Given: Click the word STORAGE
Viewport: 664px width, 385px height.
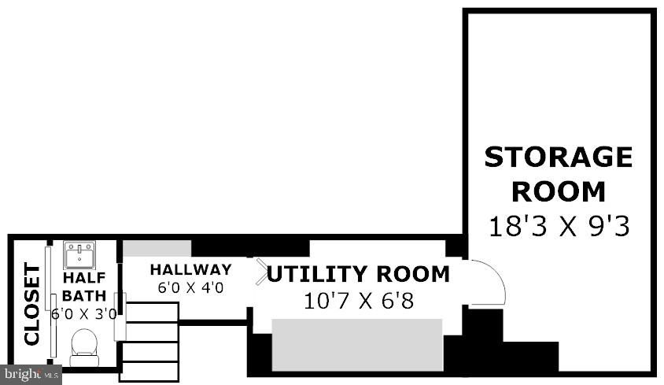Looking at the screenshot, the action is [x=558, y=157].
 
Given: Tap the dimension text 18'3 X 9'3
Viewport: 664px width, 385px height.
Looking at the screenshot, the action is [x=559, y=226].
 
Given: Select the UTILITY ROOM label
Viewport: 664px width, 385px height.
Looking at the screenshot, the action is [x=358, y=274].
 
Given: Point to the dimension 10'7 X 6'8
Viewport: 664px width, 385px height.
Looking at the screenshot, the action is [x=359, y=301].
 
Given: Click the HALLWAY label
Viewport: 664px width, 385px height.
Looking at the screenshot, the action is [x=191, y=270].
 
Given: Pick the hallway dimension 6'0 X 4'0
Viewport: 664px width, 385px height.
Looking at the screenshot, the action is [x=190, y=288].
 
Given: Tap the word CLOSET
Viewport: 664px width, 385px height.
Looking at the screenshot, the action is [x=32, y=304].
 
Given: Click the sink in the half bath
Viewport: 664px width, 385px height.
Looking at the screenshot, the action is [x=79, y=255].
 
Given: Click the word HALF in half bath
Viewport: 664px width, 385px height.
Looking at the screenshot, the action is [x=84, y=278].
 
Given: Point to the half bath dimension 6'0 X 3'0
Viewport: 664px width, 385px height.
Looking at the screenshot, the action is [x=84, y=314].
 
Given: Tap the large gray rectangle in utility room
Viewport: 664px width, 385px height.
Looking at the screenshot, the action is [x=357, y=345].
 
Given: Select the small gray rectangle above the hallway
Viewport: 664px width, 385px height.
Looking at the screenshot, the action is [x=157, y=249].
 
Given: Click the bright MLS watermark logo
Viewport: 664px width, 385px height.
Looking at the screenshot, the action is [x=31, y=375].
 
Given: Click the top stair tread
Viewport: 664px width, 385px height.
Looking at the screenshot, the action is [x=151, y=313].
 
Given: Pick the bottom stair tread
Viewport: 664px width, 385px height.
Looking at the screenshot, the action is [x=149, y=371].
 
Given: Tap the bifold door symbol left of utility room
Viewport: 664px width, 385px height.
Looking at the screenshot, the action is [x=261, y=272].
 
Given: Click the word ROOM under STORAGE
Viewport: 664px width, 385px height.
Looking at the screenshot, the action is [x=559, y=191].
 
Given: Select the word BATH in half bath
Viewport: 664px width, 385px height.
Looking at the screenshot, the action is [x=84, y=295].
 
